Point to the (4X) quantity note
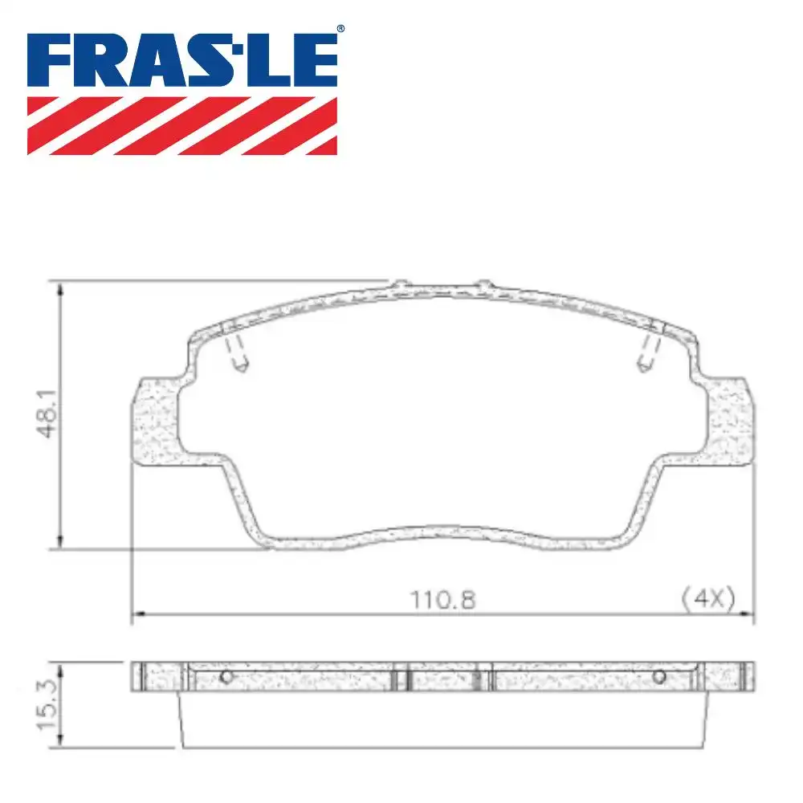coord(707,599)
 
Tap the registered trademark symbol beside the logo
coord(340,30)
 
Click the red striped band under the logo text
coord(182,125)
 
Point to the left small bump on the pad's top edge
coord(399,283)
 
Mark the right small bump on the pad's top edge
coord(483,283)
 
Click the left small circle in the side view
coord(226,676)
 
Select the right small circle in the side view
coord(659,676)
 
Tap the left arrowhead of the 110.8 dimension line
coord(137,615)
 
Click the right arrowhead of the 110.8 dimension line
coord(748,615)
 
